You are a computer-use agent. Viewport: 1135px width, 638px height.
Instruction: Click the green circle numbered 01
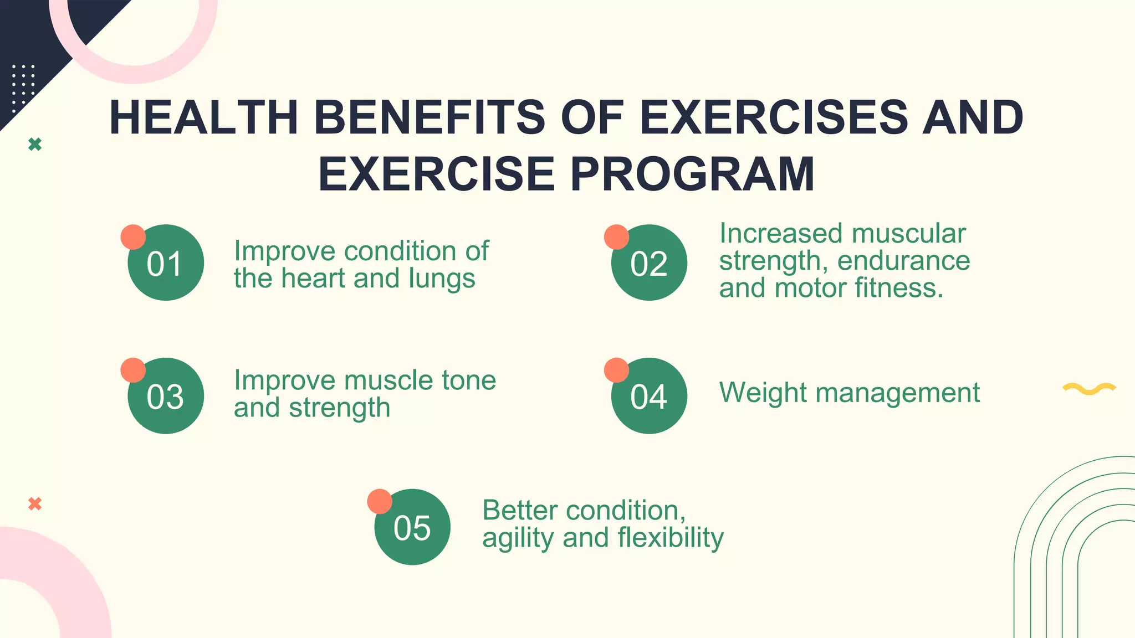point(166,263)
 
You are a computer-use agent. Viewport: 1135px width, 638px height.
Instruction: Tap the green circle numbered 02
point(649,263)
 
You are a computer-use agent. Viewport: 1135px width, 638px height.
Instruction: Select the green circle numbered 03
point(166,396)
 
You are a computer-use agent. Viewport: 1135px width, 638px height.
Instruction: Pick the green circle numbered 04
point(649,396)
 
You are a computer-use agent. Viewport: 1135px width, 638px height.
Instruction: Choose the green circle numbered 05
point(412,527)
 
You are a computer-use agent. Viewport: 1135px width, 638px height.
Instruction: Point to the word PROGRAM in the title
point(692,174)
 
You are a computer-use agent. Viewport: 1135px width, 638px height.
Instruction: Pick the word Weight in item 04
point(763,393)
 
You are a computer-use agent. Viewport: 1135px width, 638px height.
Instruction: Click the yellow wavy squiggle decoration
point(1089,388)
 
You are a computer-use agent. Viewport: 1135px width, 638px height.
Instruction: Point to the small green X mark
point(35,145)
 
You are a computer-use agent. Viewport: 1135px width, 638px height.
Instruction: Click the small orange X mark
point(35,504)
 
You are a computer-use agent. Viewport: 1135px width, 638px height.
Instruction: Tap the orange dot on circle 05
point(380,501)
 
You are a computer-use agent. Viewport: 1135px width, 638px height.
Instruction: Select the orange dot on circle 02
point(616,237)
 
